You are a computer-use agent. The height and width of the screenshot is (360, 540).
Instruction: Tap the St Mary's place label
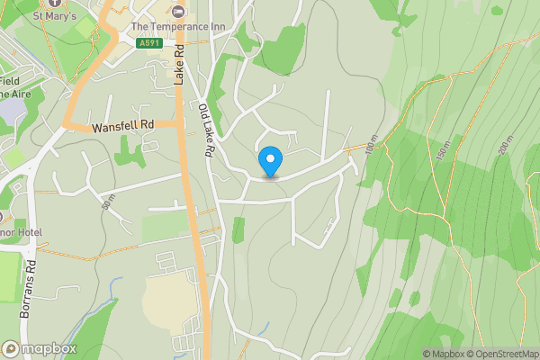[54, 15]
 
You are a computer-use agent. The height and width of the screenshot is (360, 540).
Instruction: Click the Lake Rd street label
[178, 66]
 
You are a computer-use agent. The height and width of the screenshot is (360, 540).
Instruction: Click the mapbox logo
[38, 348]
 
